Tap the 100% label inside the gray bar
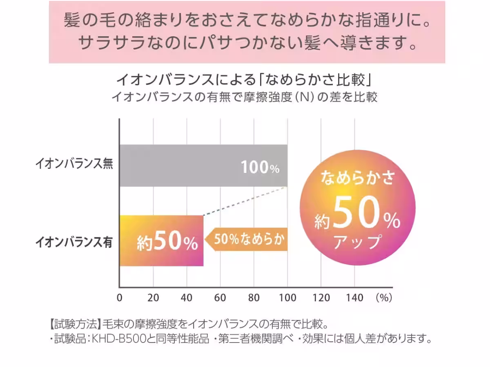260,168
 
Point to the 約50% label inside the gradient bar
167,243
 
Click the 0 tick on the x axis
120,298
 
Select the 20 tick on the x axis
153,298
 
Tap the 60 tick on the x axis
220,298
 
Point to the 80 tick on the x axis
254,298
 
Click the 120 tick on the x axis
321,298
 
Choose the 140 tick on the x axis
354,298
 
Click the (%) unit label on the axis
384,298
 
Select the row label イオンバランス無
74,165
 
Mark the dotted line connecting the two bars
245,201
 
